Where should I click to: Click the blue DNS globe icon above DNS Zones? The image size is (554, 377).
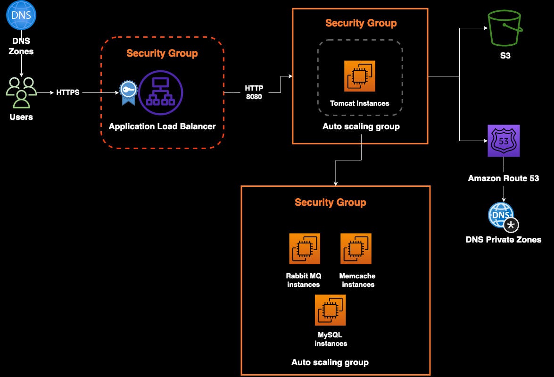tap(21, 15)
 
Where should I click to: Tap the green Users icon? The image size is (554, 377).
tap(21, 92)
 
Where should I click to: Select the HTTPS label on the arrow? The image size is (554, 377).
tap(68, 92)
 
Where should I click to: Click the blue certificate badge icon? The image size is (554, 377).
tap(127, 92)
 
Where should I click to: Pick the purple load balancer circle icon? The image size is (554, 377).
tap(160, 93)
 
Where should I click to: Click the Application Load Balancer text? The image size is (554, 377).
tap(162, 126)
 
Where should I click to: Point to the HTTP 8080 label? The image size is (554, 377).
tap(254, 92)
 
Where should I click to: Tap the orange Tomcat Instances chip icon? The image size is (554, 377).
tap(360, 75)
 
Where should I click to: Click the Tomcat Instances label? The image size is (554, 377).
tap(360, 103)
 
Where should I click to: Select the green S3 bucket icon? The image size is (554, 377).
tap(505, 29)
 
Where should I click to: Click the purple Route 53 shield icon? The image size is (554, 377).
tap(504, 141)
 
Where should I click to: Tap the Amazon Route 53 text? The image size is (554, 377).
tap(503, 178)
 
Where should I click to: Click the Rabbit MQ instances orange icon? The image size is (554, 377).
tap(305, 249)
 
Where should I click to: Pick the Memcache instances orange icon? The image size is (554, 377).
tap(356, 249)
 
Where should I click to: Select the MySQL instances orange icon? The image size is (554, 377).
tap(331, 310)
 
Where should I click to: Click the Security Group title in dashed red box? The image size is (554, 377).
tap(162, 53)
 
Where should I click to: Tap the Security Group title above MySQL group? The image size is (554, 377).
tap(330, 202)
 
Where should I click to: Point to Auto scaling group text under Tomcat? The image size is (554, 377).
tap(361, 126)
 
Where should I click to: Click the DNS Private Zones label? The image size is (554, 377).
tap(503, 240)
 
